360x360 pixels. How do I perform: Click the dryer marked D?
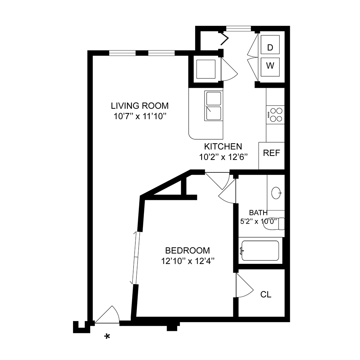pyautogui.click(x=271, y=47)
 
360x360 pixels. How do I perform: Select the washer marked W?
pyautogui.click(x=271, y=66)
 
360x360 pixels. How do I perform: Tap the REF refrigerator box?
pyautogui.click(x=271, y=153)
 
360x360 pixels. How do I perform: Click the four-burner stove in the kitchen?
pyautogui.click(x=275, y=115)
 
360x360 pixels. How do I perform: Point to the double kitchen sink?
pyautogui.click(x=214, y=106)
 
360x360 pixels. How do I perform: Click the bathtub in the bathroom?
pyautogui.click(x=260, y=251)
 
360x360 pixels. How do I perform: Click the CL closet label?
pyautogui.click(x=266, y=295)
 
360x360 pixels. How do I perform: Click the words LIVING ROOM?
pyautogui.click(x=140, y=106)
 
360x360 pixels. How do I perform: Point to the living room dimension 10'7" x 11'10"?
pyautogui.click(x=140, y=116)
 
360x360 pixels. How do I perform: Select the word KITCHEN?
pyautogui.click(x=223, y=147)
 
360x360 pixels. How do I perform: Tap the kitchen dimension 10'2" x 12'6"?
pyautogui.click(x=223, y=157)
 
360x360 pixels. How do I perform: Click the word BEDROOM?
pyautogui.click(x=187, y=250)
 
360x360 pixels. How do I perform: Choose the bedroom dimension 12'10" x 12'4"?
pyautogui.click(x=187, y=261)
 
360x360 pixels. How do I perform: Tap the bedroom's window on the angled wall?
pyautogui.click(x=136, y=258)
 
